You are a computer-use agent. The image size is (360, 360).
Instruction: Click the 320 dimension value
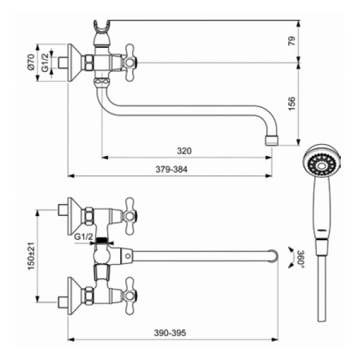click(184, 151)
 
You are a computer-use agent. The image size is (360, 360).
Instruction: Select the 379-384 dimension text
click(171, 170)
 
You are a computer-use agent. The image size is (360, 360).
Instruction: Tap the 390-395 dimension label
click(170, 333)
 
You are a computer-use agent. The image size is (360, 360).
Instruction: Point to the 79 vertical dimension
click(292, 41)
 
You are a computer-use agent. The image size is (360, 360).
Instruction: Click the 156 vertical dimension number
click(292, 104)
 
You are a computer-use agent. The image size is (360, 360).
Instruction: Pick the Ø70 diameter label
click(31, 62)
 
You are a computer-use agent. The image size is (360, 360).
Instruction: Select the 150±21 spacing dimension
click(31, 256)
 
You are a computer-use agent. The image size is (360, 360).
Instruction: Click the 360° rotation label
click(301, 258)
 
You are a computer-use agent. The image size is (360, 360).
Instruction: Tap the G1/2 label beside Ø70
click(46, 62)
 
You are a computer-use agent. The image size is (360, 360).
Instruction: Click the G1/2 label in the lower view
click(84, 237)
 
